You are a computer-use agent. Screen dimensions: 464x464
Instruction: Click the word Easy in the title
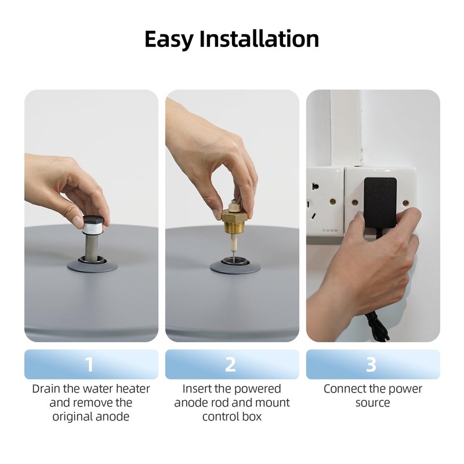tap(169, 39)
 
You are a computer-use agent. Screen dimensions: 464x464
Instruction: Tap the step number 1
tap(89, 365)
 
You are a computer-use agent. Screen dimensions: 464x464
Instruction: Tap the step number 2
tap(230, 365)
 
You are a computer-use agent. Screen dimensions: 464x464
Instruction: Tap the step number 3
tap(371, 365)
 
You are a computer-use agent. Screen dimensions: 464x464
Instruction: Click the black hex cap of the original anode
tap(93, 221)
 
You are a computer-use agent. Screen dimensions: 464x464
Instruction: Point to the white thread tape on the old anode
tap(92, 229)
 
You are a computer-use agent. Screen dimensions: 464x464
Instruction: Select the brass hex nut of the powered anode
tap(233, 215)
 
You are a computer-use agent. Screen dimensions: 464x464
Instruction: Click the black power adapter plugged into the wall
tap(380, 202)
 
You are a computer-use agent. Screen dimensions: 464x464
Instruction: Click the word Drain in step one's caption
tap(46, 389)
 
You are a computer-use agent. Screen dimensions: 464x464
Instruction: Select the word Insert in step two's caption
tap(197, 389)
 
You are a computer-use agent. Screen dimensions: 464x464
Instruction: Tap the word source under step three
tap(372, 403)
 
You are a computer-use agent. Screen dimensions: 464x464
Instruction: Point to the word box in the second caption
tap(252, 416)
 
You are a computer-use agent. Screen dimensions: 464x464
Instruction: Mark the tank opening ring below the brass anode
tap(235, 265)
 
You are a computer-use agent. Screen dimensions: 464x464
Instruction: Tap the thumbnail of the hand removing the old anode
tap(91, 216)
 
